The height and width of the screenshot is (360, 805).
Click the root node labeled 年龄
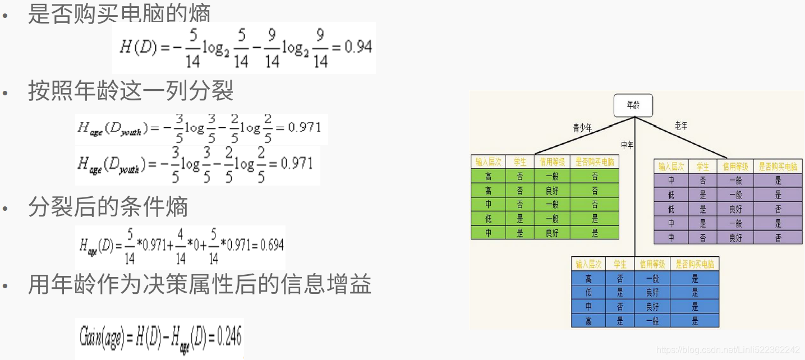point(633,105)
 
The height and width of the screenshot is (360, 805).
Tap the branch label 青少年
point(582,128)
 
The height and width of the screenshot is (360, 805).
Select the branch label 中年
point(627,145)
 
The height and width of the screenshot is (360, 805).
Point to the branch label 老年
point(681,126)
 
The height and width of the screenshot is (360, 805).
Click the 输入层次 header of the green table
point(488,162)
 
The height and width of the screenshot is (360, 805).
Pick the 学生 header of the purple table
point(702,167)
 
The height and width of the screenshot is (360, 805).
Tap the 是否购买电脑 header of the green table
point(595,162)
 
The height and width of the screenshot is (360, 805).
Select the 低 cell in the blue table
point(588,293)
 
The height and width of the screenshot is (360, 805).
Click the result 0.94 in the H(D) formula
point(358,47)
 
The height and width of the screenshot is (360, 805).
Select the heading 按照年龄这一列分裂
point(131,90)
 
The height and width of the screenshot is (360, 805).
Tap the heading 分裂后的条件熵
point(108,207)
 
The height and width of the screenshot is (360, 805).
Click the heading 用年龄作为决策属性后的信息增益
point(200,285)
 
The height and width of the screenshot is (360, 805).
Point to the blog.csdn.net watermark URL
point(728,350)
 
